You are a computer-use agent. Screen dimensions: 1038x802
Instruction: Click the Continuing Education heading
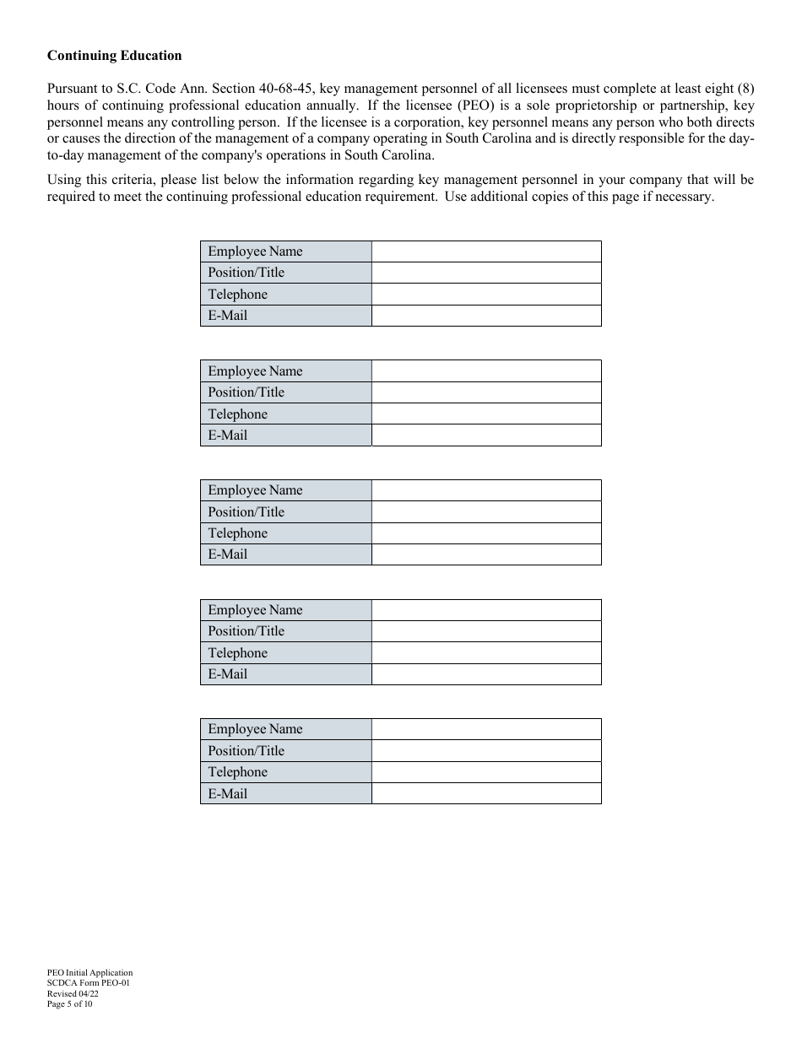click(114, 56)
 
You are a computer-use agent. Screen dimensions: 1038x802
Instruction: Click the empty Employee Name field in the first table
click(485, 251)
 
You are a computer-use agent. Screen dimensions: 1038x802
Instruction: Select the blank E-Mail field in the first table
click(485, 316)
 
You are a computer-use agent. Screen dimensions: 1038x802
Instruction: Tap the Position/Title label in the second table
click(246, 392)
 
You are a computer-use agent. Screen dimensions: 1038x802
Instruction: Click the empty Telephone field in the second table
click(485, 414)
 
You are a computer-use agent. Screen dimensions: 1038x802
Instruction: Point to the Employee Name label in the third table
click(255, 490)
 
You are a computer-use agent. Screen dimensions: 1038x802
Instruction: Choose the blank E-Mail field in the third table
click(485, 554)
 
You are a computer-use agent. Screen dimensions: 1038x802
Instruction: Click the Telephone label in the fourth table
click(237, 653)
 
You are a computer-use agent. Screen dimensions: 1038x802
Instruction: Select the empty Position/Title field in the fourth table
click(485, 631)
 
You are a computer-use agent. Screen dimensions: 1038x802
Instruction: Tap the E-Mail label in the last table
click(227, 794)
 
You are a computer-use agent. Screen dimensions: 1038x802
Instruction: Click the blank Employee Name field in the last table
click(485, 729)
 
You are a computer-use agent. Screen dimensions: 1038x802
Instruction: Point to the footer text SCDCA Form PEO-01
click(88, 983)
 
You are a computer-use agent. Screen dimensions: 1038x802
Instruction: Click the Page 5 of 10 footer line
click(70, 1004)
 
